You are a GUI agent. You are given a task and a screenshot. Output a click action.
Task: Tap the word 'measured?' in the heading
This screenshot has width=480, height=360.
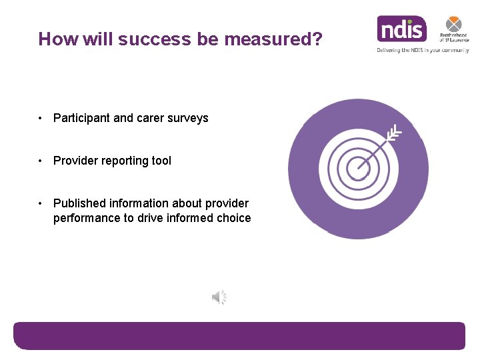(273, 39)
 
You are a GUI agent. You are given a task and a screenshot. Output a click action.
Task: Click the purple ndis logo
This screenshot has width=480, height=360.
(401, 29)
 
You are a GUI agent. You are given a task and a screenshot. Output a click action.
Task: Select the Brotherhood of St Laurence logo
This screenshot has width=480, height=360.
(453, 29)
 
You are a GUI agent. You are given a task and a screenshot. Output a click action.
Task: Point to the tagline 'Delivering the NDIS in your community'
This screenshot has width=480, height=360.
(423, 50)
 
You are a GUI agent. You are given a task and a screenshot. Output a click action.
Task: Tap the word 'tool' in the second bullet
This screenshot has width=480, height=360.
(161, 161)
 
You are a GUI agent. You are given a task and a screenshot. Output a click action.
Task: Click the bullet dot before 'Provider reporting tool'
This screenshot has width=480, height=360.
(41, 161)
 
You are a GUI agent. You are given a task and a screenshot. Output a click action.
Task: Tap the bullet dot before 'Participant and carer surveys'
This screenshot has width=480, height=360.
(41, 118)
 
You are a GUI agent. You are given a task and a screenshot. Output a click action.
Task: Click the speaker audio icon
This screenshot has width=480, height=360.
(219, 297)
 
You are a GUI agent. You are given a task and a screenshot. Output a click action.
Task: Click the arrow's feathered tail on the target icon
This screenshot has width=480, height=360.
(395, 131)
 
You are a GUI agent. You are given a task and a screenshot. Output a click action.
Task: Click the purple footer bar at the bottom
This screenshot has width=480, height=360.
(239, 335)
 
